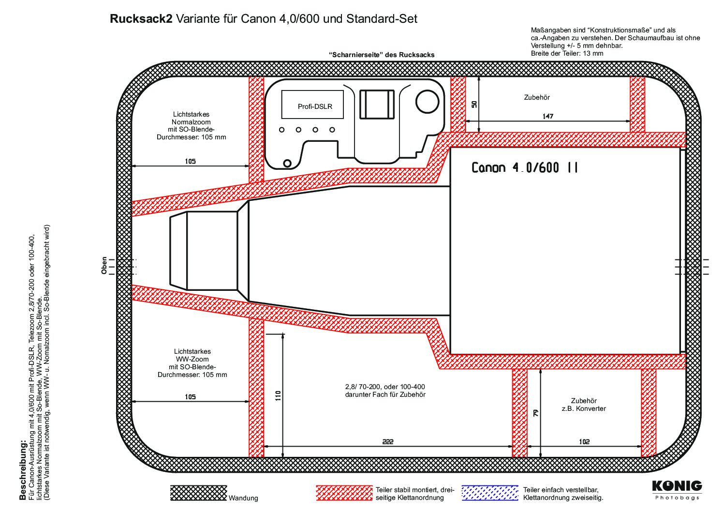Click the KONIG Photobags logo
click(x=677, y=489)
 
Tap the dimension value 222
click(x=388, y=441)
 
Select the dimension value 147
click(x=547, y=116)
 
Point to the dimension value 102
click(x=584, y=441)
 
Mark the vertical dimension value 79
click(x=535, y=413)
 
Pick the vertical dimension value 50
click(x=474, y=104)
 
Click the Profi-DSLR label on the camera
click(x=315, y=106)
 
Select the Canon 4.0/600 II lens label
click(x=524, y=168)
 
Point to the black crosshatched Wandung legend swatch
click(x=198, y=493)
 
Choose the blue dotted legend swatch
click(x=489, y=493)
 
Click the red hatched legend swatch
click(x=344, y=493)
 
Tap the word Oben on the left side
click(x=104, y=266)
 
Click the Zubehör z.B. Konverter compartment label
click(x=584, y=405)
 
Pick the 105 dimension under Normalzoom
click(x=190, y=161)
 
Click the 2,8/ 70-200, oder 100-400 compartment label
click(x=385, y=391)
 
